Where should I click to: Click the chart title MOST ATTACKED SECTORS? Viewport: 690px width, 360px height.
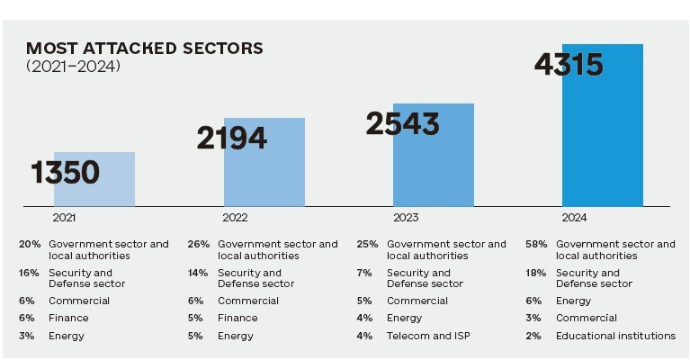point(144,49)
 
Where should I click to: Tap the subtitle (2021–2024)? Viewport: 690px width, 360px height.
point(73,66)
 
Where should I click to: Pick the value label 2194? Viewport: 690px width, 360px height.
point(232,138)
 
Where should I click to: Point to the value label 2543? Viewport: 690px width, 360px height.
point(402,123)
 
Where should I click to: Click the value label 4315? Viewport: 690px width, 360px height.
point(568,65)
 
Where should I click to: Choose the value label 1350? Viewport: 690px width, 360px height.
point(65,172)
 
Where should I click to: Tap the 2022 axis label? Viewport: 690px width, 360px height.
point(236,218)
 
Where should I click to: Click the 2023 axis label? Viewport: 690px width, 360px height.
point(405,218)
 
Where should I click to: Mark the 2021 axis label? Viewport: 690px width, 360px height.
point(64,218)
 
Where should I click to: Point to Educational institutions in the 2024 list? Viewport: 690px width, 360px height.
point(615,336)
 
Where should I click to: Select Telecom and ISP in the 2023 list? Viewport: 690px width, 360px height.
point(429,336)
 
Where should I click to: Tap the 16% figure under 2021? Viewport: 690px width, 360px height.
point(29,273)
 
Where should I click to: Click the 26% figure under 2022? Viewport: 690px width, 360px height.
point(199,244)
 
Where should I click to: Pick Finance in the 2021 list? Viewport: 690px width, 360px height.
point(68,318)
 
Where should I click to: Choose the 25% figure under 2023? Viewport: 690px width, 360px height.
point(367,244)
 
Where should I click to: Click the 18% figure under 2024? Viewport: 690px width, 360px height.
point(536,273)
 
